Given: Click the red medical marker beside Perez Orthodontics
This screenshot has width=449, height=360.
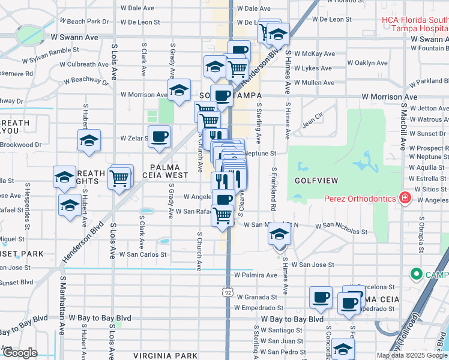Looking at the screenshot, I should [x=405, y=198].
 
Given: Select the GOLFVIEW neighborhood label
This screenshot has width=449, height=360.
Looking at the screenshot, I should [x=316, y=180].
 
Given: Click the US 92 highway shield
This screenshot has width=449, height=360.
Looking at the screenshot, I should [x=228, y=292].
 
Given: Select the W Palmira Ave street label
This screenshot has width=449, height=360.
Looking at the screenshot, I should [x=256, y=275].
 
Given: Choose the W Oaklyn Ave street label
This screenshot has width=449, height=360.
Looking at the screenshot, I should [x=367, y=63].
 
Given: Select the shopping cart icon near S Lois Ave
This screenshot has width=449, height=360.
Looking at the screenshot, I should [x=121, y=177].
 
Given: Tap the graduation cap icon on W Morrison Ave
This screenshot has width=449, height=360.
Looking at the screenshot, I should [x=178, y=91].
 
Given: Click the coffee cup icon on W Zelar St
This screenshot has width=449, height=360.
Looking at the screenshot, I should [x=159, y=136].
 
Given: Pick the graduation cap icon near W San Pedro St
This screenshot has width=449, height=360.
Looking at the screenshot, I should [x=343, y=349].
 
